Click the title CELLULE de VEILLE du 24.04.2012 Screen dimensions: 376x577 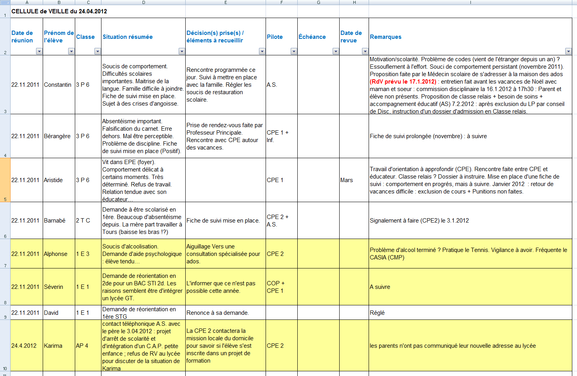point(59,11)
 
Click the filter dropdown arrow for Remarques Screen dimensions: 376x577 point(568,51)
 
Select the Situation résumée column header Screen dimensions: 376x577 point(128,37)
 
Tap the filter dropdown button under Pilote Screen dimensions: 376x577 point(293,51)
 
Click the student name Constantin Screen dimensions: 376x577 point(58,85)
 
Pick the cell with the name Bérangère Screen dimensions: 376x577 point(57,136)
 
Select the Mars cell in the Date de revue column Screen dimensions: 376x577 point(347,180)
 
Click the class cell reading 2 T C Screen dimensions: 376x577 point(83,221)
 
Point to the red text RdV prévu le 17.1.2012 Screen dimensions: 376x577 point(403,82)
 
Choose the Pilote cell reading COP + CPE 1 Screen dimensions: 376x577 point(276,287)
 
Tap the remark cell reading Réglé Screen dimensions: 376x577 point(377,313)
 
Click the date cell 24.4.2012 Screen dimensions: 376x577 point(24,346)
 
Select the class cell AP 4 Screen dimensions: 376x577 point(82,346)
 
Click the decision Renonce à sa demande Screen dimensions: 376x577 point(217,313)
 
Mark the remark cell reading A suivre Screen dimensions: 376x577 point(380,287)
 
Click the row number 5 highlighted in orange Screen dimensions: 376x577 point(5,180)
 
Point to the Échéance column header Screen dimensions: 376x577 point(312,37)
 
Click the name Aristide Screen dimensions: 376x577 point(53,180)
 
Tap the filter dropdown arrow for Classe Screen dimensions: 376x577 point(98,51)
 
